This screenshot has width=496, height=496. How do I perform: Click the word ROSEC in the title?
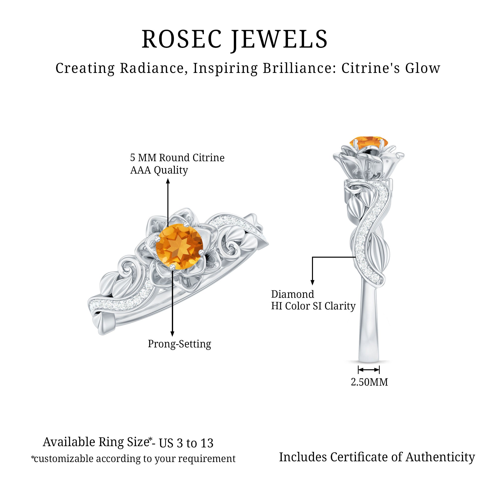tap(182, 39)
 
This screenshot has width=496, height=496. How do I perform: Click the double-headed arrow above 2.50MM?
tap(369, 370)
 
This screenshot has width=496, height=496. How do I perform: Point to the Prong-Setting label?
tap(179, 344)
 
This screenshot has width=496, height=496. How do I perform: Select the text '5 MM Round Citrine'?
tap(177, 158)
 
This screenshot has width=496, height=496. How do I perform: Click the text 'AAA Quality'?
tap(159, 170)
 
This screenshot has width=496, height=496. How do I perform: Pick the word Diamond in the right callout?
tap(292, 294)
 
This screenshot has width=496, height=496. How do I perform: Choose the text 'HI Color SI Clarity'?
tap(313, 306)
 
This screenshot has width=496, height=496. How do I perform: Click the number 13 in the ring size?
tap(207, 443)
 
